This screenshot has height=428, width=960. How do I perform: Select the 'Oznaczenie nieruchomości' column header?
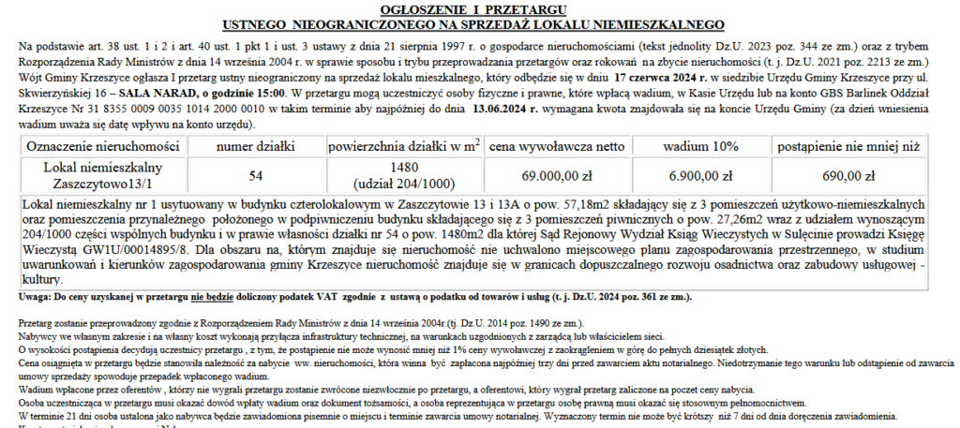(x=103, y=147)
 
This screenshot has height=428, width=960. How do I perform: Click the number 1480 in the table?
(x=404, y=168)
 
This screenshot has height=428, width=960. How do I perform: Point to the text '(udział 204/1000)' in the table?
(x=404, y=183)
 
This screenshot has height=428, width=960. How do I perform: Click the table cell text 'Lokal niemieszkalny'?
(x=103, y=167)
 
